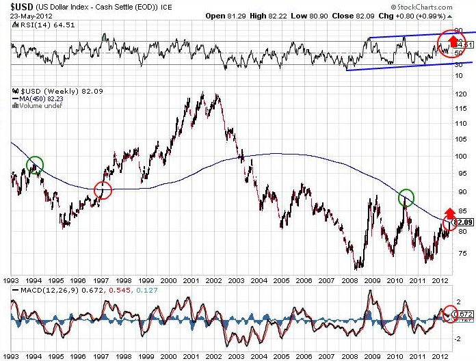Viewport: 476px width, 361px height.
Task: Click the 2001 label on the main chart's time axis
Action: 191,280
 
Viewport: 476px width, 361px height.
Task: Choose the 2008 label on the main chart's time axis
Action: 347,280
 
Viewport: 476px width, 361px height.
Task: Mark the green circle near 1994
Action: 36,164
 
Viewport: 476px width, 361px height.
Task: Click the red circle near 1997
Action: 103,191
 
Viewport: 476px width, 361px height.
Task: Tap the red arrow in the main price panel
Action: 449,212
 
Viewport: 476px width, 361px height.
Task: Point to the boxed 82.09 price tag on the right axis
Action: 463,222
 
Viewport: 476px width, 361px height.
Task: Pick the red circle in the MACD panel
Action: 449,314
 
